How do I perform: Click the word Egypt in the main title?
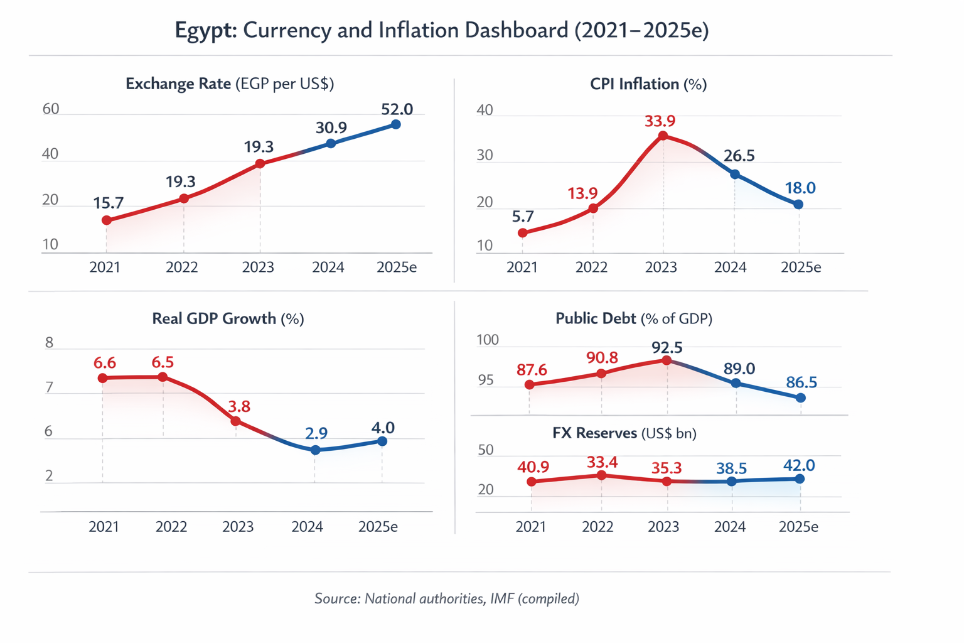(x=205, y=30)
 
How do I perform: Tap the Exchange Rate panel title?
(x=229, y=84)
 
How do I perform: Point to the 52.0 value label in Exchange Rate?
(x=397, y=109)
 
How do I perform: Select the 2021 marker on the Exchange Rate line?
(x=107, y=220)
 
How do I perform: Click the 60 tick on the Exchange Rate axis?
(x=51, y=109)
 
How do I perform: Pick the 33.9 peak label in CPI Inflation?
(x=660, y=121)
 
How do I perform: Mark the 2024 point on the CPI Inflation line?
(x=735, y=174)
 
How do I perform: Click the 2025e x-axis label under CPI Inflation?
(x=800, y=267)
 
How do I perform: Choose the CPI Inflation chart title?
(x=648, y=84)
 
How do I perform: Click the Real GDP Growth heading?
(x=228, y=319)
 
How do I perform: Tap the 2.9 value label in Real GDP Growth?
(x=316, y=433)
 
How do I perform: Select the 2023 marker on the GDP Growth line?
(x=235, y=421)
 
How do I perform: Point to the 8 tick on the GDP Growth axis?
(x=50, y=343)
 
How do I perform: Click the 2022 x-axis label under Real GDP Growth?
(x=171, y=526)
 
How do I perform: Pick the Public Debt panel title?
(x=633, y=319)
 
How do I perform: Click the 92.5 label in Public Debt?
(x=667, y=348)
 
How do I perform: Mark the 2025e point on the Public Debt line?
(x=800, y=398)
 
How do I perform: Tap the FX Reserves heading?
(x=624, y=433)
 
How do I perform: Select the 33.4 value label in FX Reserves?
(x=602, y=463)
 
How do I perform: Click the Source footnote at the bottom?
(x=446, y=598)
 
